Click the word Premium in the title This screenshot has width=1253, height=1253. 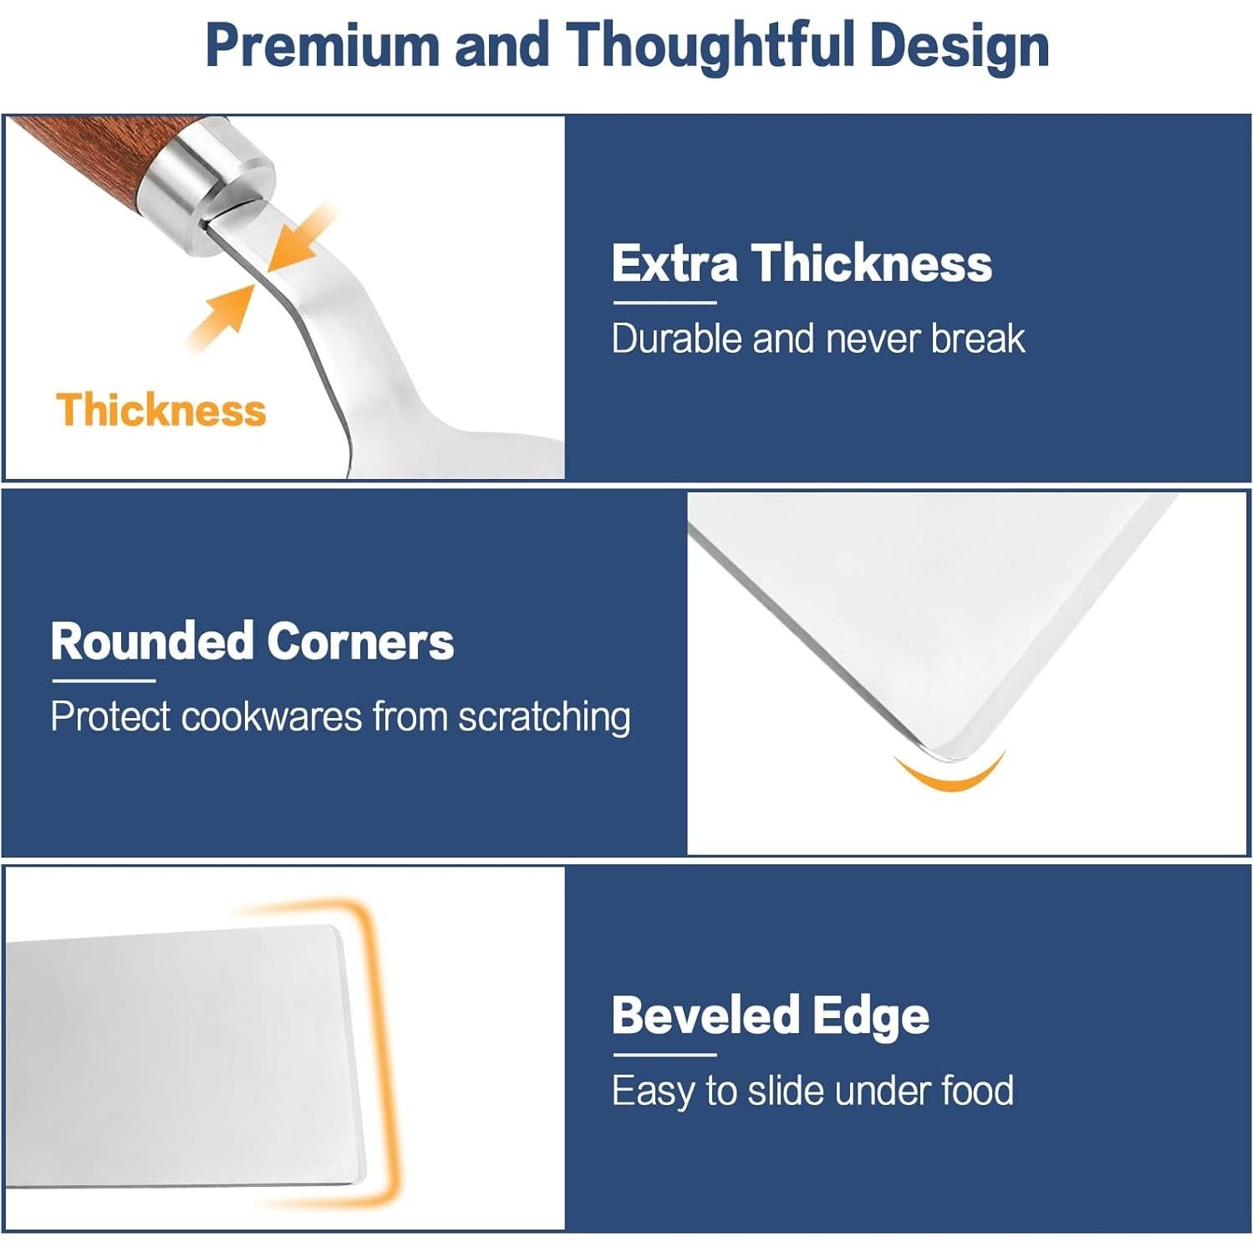tap(322, 45)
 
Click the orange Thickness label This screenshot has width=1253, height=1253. tap(161, 410)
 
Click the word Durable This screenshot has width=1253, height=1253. tap(677, 339)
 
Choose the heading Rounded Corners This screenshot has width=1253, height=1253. tap(252, 641)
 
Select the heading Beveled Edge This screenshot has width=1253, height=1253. tap(770, 1016)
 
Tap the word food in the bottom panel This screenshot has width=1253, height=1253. tap(977, 1091)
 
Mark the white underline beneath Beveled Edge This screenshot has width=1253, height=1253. tap(665, 1056)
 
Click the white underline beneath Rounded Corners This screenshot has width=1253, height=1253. tap(104, 680)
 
